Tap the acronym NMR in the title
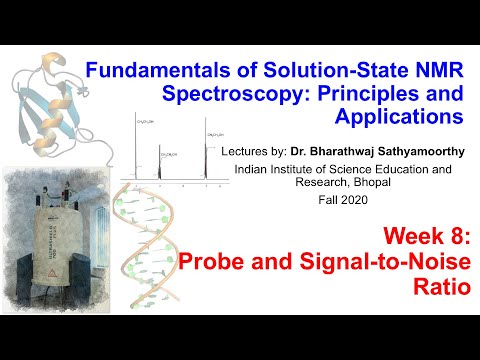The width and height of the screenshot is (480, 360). click(434, 72)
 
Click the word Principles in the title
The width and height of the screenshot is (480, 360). click(363, 95)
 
